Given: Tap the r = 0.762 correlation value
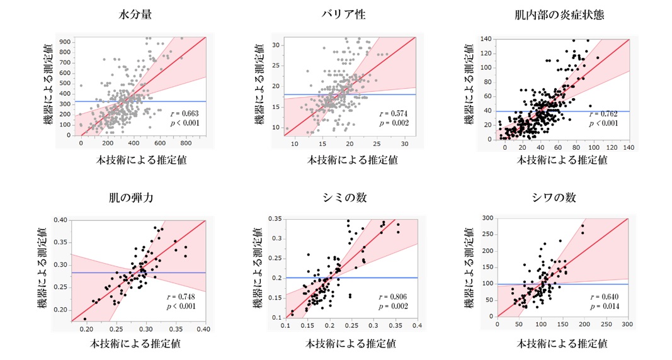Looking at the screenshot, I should pyautogui.click(x=603, y=114).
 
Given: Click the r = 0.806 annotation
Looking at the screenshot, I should pyautogui.click(x=394, y=296).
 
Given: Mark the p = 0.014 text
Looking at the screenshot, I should pyautogui.click(x=603, y=306).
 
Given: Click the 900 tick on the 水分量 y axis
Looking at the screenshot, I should pyautogui.click(x=64, y=41).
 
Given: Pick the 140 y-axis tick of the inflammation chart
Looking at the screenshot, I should pyautogui.click(x=484, y=39).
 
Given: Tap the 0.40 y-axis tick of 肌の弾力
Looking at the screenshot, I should pyautogui.click(x=60, y=220).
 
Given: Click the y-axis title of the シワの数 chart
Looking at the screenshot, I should pyautogui.click(x=469, y=267).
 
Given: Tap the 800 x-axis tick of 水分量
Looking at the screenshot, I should pyautogui.click(x=186, y=143).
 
